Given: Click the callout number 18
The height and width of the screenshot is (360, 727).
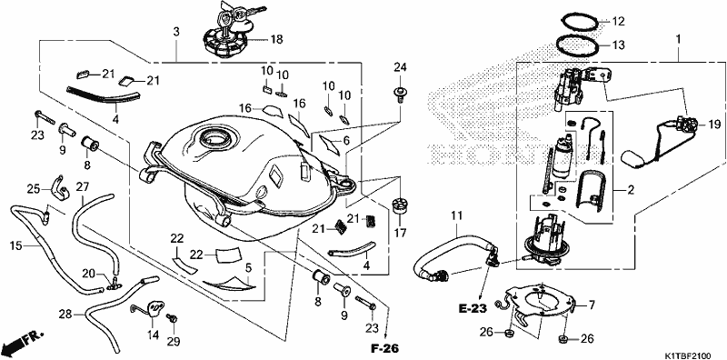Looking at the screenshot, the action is pyautogui.click(x=276, y=39).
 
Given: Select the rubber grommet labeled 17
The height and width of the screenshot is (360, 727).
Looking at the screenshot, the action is pyautogui.click(x=399, y=205).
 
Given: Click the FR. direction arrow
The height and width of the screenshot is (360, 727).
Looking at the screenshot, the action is pyautogui.click(x=22, y=342).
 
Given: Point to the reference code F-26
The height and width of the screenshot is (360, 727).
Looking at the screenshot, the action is pyautogui.click(x=384, y=348).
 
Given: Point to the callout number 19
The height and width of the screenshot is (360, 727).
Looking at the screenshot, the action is pyautogui.click(x=714, y=125).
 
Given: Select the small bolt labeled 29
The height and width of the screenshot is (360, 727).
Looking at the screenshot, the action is pyautogui.click(x=173, y=318).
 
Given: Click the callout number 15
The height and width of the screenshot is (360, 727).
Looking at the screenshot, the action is pyautogui.click(x=15, y=245).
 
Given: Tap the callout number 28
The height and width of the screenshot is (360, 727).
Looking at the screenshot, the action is pyautogui.click(x=65, y=314).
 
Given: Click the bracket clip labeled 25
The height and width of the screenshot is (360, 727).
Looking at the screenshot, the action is pyautogui.click(x=59, y=186).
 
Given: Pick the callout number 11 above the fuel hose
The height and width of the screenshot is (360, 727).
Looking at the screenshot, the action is pyautogui.click(x=457, y=215).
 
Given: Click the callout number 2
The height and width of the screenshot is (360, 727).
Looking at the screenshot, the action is pyautogui.click(x=631, y=190).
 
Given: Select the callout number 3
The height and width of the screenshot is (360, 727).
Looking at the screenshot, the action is pyautogui.click(x=175, y=32).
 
